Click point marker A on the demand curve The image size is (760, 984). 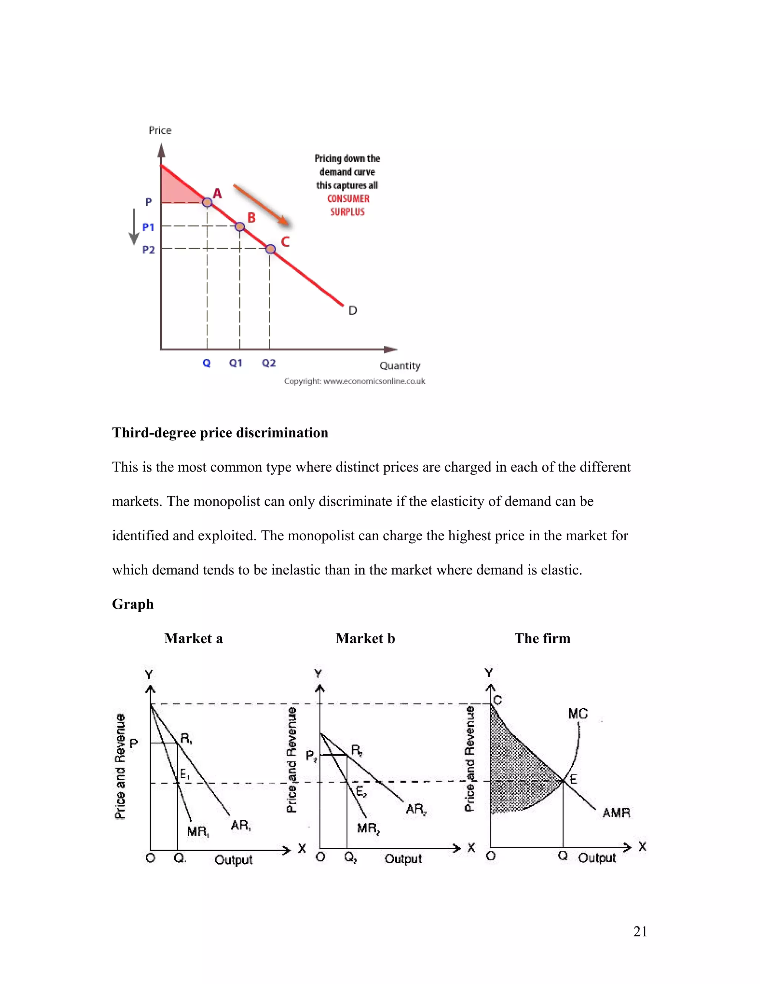(x=207, y=202)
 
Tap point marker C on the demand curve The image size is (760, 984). (x=270, y=249)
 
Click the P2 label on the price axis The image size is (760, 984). (x=148, y=250)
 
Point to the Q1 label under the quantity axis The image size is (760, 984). (x=236, y=363)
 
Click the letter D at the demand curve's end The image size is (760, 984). (x=353, y=310)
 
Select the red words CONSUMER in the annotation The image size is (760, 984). (x=348, y=199)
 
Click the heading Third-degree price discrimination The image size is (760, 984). (x=220, y=433)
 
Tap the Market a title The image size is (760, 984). (x=194, y=638)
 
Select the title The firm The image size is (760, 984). (x=542, y=638)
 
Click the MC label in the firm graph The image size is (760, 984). (x=578, y=714)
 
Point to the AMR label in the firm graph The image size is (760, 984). (x=616, y=813)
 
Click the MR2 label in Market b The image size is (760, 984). (x=368, y=828)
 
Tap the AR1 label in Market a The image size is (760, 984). (x=241, y=825)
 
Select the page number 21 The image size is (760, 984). (x=640, y=931)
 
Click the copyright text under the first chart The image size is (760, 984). (x=354, y=381)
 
